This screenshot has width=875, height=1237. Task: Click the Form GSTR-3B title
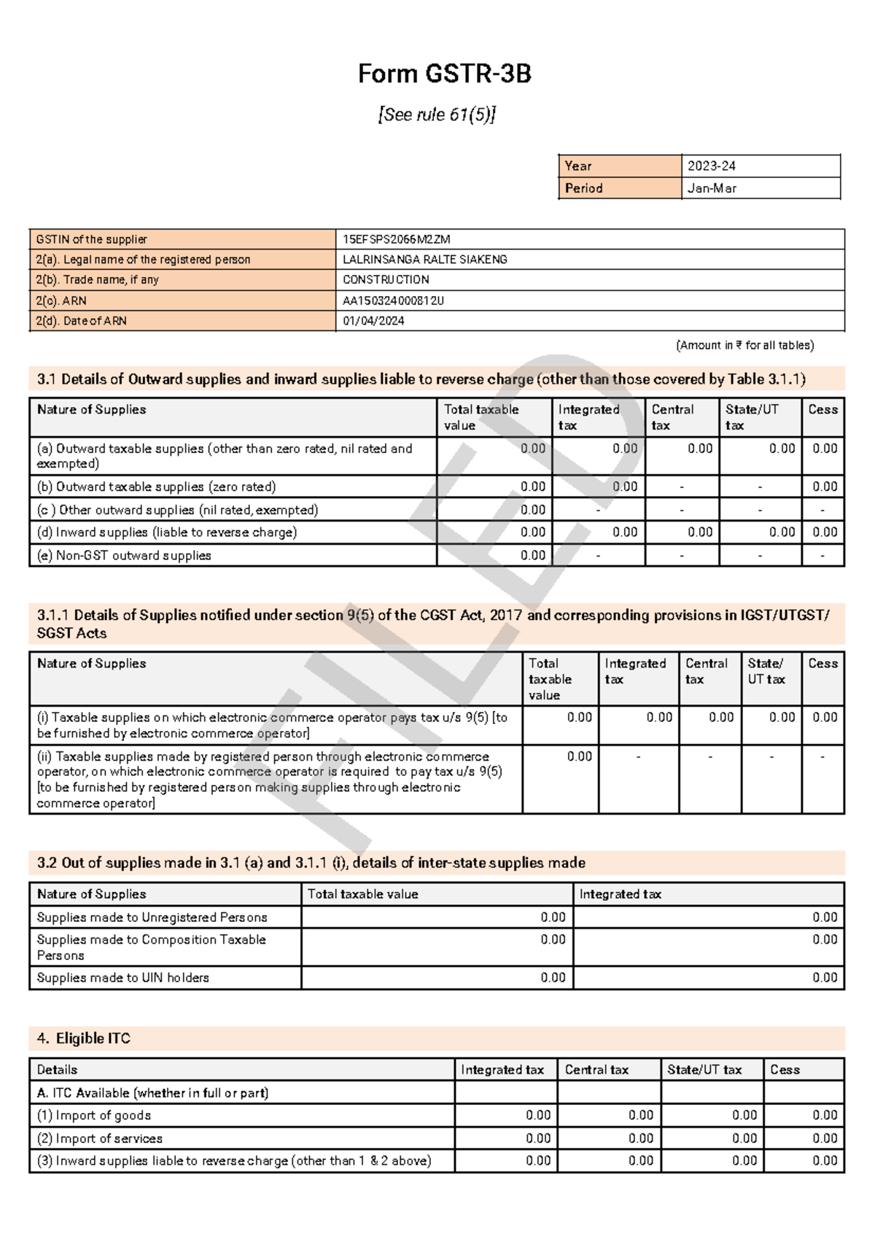coord(444,74)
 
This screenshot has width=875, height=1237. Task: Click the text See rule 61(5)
coord(437,115)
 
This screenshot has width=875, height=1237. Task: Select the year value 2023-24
coord(711,166)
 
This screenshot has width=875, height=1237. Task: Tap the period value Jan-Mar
coord(712,188)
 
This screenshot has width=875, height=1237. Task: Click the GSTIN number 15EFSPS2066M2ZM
coord(397,239)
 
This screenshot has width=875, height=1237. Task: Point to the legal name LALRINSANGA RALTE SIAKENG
coord(425,260)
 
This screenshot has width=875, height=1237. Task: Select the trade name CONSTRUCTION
coord(386,280)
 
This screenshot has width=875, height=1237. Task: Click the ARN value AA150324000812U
coord(393,300)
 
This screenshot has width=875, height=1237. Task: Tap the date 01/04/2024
coord(373,321)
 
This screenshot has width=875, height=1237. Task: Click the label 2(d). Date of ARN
coord(81,321)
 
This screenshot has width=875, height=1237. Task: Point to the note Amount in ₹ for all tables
coord(744,345)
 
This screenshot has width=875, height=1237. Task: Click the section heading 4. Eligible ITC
coord(83,1038)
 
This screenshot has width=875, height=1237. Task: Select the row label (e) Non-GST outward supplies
coord(124,555)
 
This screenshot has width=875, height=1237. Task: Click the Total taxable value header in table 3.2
coord(362,894)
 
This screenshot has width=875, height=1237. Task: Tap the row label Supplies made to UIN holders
coord(122,977)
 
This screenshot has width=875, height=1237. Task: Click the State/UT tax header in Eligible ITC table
coord(704,1070)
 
